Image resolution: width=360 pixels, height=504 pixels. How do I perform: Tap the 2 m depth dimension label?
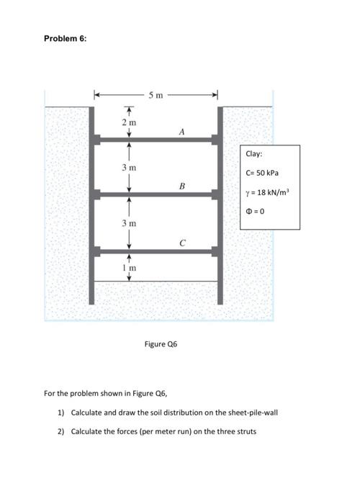130,123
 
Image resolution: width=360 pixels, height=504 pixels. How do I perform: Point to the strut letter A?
182,131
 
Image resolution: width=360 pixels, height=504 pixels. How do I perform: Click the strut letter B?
182,186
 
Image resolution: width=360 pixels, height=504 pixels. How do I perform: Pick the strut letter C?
182,243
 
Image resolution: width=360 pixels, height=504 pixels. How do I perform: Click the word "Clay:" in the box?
253,154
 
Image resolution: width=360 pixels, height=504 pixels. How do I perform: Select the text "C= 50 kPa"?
261,173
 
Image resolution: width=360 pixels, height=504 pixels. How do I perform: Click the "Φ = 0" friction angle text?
256,211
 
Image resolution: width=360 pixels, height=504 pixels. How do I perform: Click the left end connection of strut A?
98,138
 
